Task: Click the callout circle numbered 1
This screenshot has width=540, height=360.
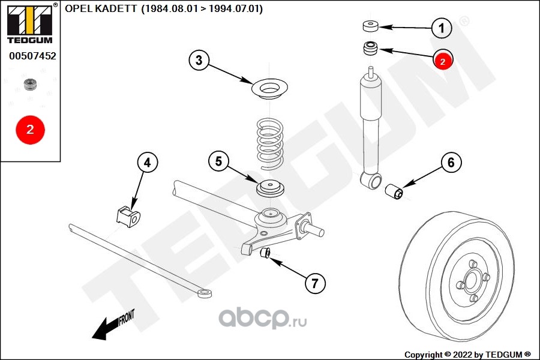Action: tap(442, 27)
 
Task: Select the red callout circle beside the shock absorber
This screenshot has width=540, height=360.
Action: tap(443, 60)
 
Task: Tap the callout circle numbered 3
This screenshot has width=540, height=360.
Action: tap(199, 59)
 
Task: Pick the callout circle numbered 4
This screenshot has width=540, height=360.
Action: tap(148, 162)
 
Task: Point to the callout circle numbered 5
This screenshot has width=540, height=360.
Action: tap(219, 161)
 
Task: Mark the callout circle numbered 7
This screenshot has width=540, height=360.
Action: tap(315, 283)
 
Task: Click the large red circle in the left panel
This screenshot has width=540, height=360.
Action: tap(30, 128)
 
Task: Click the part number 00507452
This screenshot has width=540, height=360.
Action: tap(32, 56)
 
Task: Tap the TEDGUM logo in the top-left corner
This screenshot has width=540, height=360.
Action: tap(29, 24)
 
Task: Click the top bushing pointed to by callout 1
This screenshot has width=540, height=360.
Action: tap(370, 26)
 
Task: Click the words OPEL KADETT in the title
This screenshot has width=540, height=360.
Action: tap(100, 10)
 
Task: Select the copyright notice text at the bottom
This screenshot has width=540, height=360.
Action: tap(467, 354)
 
